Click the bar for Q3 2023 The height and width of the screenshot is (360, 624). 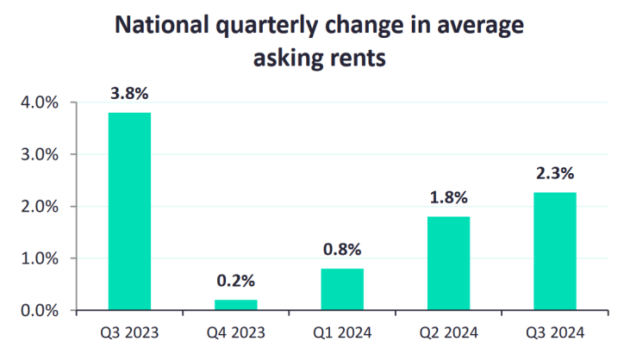click(x=129, y=211)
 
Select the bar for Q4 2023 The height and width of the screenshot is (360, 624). click(x=235, y=305)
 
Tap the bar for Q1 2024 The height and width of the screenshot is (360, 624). click(x=342, y=289)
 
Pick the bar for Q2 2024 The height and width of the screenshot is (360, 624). click(x=448, y=263)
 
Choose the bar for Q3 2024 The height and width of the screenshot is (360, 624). click(x=555, y=251)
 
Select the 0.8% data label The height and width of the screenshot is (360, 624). click(x=342, y=251)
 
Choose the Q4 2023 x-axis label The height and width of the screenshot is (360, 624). click(x=235, y=332)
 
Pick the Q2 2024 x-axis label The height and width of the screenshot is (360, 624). click(x=448, y=332)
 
